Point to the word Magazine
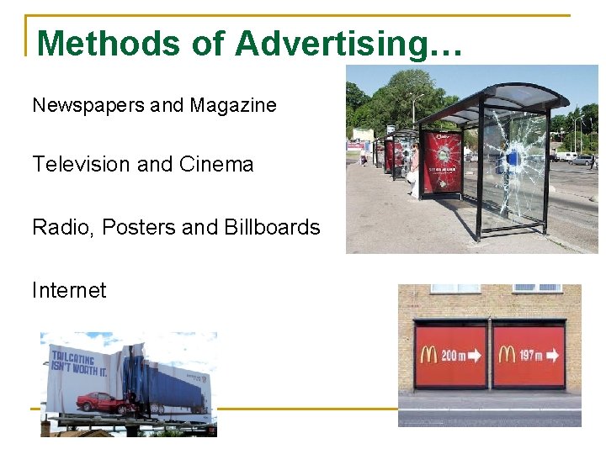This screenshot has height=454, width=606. tap(233, 106)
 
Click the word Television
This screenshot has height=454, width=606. tap(81, 165)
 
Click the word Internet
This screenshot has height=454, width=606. tap(69, 291)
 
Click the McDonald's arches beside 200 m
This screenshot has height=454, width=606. tap(428, 355)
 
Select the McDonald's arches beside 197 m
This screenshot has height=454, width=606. tap(507, 355)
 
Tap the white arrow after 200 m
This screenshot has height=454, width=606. tap(476, 356)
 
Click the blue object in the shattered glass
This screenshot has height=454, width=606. tap(511, 157)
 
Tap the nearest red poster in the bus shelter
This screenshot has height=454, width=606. tap(442, 160)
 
